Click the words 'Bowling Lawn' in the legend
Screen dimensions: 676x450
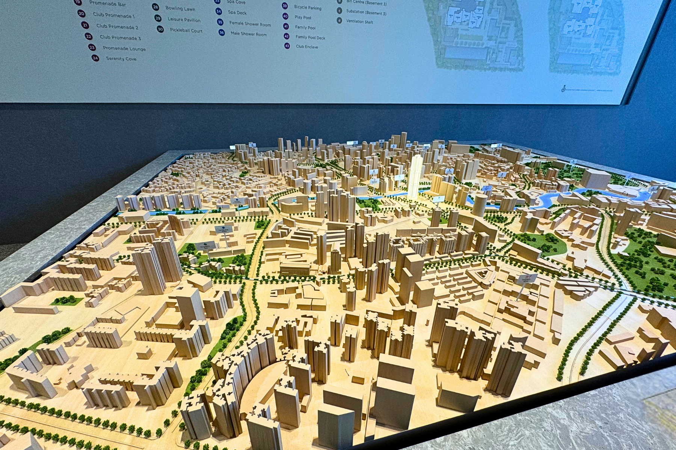pos(180,8)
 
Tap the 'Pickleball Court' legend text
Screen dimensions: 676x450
pos(186,30)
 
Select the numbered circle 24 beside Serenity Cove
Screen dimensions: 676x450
pos(95,58)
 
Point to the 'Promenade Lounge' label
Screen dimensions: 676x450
pos(124,48)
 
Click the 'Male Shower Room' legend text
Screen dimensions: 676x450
pos(249,34)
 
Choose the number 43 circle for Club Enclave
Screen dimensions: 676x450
pos(287,46)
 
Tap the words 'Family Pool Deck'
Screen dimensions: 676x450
pos(310,37)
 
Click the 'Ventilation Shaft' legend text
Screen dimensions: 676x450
pos(359,22)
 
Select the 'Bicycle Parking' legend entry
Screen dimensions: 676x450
pos(308,7)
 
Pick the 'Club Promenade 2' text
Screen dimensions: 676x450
pos(117,27)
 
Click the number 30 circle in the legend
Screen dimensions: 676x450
pos(160,29)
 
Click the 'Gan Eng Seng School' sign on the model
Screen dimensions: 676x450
pos(224,228)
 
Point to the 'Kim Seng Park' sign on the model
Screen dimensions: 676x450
pos(206,246)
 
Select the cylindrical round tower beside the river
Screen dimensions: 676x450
pos(480,205)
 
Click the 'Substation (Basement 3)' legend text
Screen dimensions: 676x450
pos(366,12)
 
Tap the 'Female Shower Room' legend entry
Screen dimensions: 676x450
pos(250,24)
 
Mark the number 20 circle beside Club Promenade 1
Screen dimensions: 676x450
pos(81,13)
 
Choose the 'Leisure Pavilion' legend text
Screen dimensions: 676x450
pos(184,19)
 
